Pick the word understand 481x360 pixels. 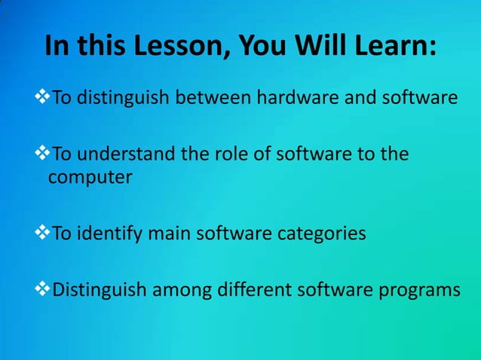coord(122,155)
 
